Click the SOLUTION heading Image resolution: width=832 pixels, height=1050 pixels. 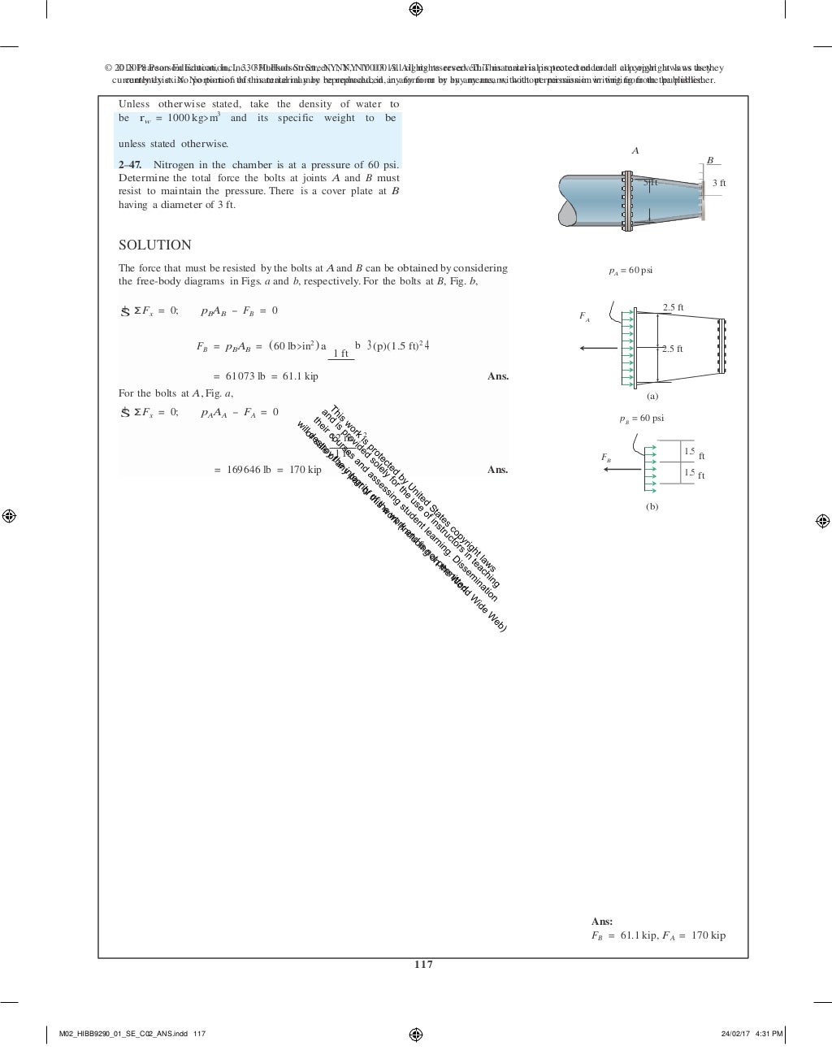coord(154,245)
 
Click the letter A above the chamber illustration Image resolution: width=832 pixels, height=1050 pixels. coord(635,151)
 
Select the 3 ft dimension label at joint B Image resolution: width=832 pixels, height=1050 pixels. coord(719,184)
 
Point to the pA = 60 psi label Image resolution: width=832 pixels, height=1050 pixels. coord(631,271)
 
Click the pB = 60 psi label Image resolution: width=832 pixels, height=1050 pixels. coord(642,419)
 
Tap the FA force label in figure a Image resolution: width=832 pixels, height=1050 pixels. coord(584,316)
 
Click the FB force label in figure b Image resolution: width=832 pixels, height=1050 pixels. coord(606,458)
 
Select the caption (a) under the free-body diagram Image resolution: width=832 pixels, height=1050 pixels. coord(652,397)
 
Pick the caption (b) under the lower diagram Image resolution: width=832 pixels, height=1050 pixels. coord(652,506)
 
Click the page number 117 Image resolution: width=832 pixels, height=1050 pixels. coord(423,965)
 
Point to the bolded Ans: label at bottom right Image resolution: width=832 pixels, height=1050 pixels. coord(602,922)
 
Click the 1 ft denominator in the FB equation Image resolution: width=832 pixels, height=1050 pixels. coord(341,354)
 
